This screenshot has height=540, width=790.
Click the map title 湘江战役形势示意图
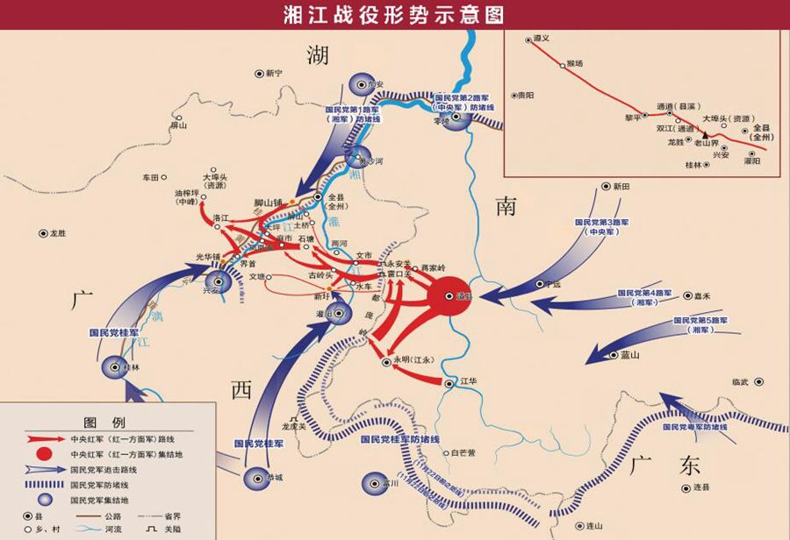click(394, 14)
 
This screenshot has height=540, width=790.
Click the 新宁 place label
click(276, 74)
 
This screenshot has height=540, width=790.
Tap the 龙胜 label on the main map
click(59, 233)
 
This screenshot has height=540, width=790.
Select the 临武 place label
click(740, 381)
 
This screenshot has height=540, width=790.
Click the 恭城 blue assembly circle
click(255, 477)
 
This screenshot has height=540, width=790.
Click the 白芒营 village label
click(463, 452)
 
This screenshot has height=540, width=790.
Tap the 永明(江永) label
click(408, 359)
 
